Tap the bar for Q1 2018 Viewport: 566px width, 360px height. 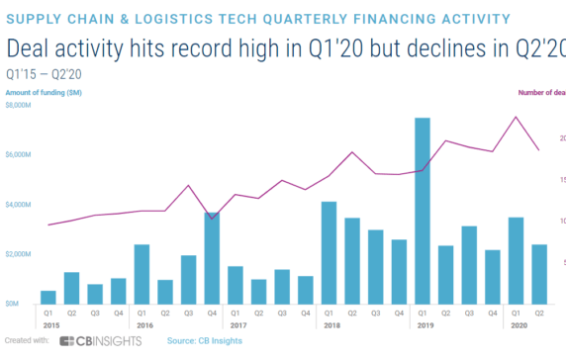pyautogui.click(x=329, y=252)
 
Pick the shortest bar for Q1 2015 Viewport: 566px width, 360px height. pyautogui.click(x=47, y=297)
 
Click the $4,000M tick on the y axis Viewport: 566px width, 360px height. pyautogui.click(x=19, y=205)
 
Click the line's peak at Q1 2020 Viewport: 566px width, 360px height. pyautogui.click(x=516, y=117)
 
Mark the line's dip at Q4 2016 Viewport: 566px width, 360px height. pyautogui.click(x=212, y=219)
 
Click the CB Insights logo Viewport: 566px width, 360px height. pyautogui.click(x=99, y=341)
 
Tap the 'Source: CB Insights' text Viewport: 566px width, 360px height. pyautogui.click(x=205, y=341)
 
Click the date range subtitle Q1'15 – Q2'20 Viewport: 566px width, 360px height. pyautogui.click(x=45, y=73)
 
